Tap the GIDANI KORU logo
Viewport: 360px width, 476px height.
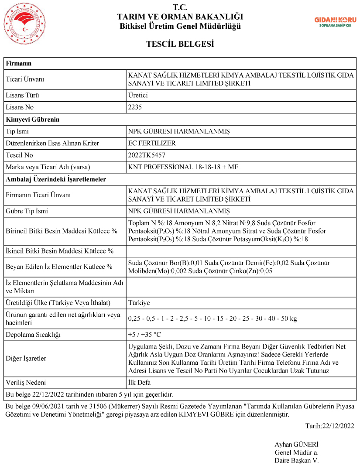point(336,22)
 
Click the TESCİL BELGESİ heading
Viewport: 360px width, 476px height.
point(180,44)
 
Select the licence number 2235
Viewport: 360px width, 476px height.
point(135,107)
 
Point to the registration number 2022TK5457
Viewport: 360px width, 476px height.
point(147,155)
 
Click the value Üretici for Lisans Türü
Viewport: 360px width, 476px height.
point(139,95)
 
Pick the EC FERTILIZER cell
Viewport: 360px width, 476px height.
point(152,143)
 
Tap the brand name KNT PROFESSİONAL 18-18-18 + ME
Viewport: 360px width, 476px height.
point(183,167)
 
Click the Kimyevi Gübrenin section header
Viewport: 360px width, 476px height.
point(32,119)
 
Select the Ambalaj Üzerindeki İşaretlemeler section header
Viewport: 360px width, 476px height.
point(56,179)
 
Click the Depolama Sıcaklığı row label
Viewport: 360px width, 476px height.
point(32,335)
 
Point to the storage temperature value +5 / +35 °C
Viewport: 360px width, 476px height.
point(144,335)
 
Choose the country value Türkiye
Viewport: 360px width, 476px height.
point(139,303)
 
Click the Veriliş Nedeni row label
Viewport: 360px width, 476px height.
point(26,383)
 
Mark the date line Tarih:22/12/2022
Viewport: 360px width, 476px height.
point(329,426)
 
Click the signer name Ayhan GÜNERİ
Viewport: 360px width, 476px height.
point(296,445)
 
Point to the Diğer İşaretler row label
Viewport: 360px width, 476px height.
point(26,359)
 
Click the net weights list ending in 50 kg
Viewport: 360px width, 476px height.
point(213,318)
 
